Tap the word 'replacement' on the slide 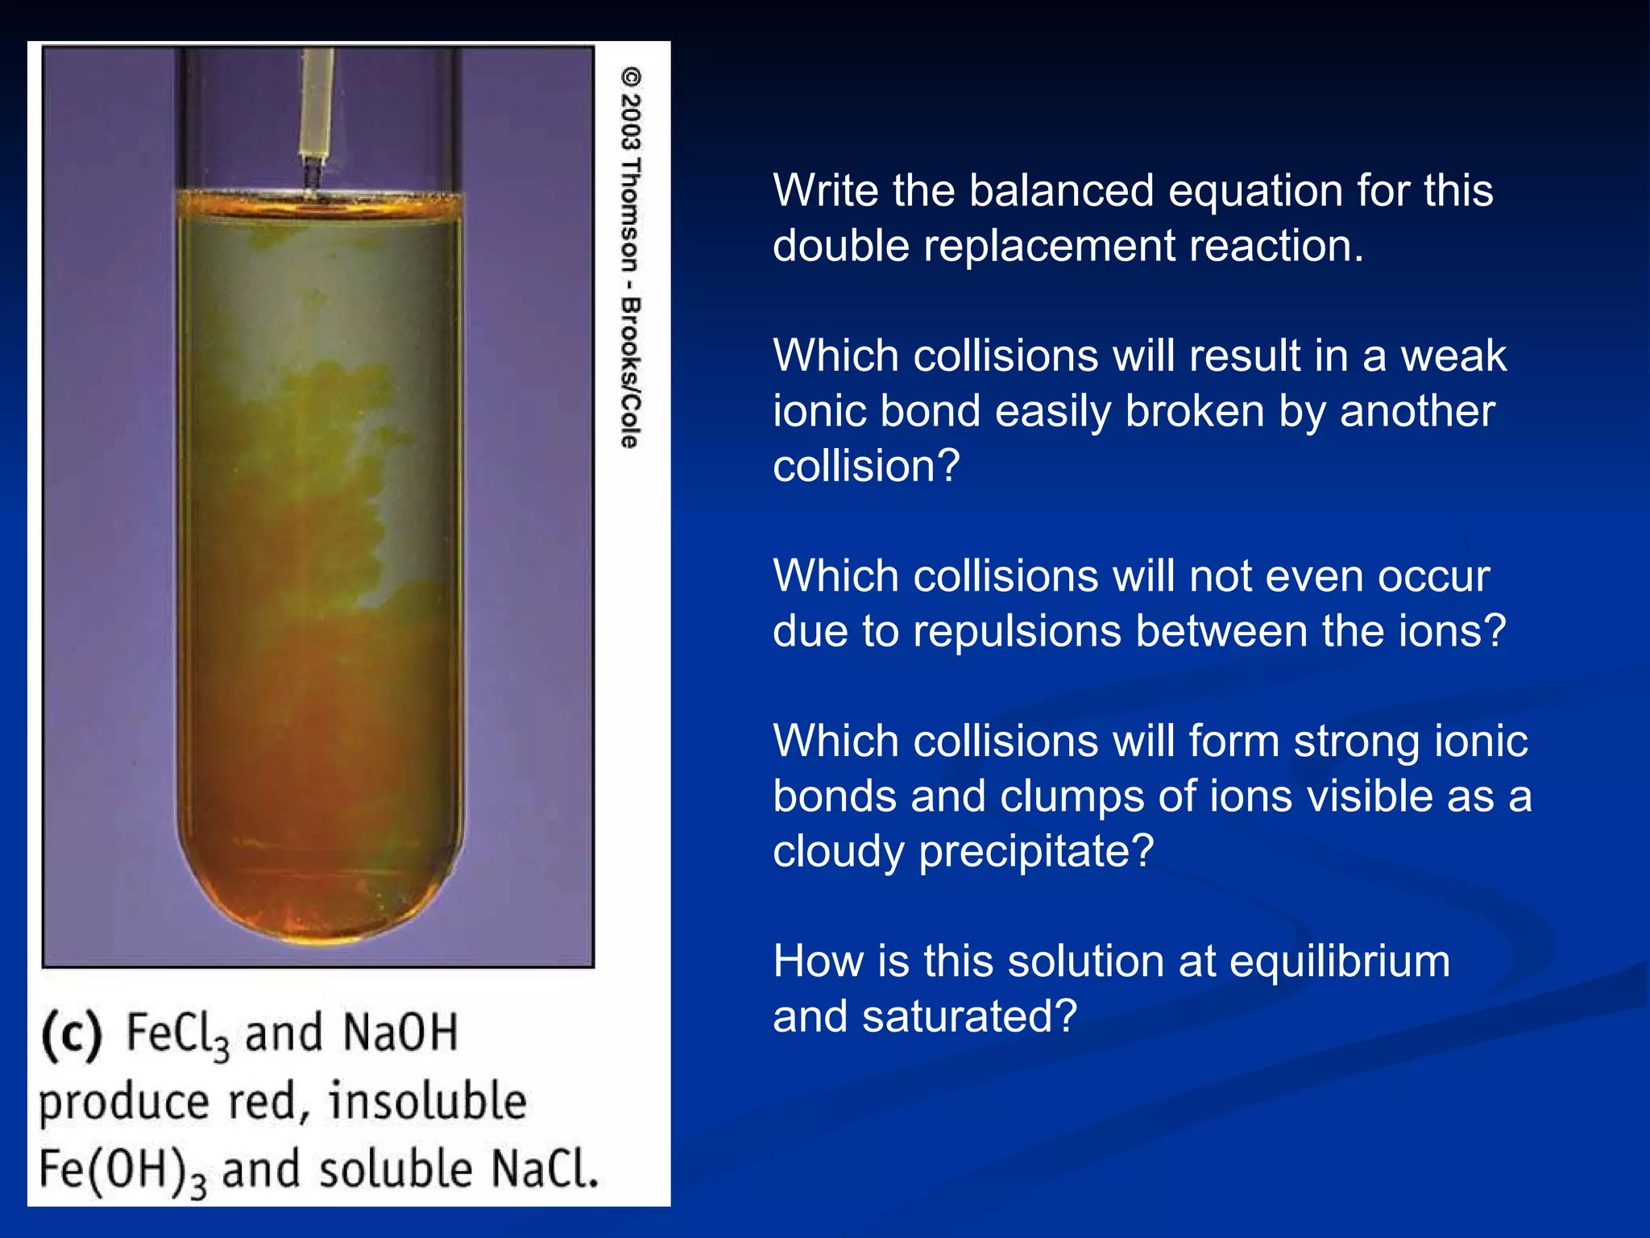(1049, 246)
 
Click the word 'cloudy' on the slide (838, 852)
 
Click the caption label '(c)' (72, 1034)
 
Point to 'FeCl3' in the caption (178, 1034)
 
